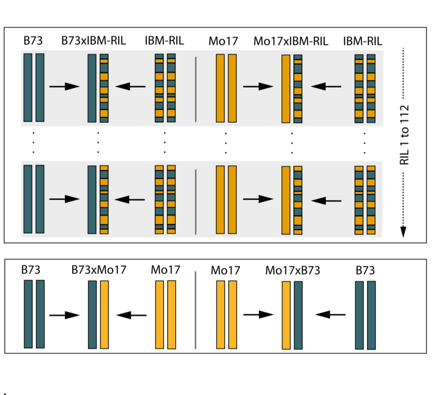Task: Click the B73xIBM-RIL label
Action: (x=94, y=41)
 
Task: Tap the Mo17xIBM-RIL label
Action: (x=291, y=41)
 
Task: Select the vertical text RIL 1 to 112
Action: (x=404, y=135)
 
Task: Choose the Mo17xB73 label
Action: (x=292, y=271)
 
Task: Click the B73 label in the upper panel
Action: (x=33, y=41)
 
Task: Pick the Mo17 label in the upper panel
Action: (x=223, y=41)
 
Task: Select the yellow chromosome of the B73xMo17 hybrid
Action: (x=104, y=315)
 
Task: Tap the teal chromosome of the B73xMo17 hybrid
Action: (x=92, y=315)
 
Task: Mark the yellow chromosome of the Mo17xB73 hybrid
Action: (x=286, y=315)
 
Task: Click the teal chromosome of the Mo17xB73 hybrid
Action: (x=298, y=315)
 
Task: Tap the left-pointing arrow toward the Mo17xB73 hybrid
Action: (x=331, y=315)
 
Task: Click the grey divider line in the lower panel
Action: (x=196, y=310)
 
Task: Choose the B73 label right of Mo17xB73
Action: (x=365, y=271)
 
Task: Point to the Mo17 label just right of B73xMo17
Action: (x=165, y=270)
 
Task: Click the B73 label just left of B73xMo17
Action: (x=31, y=270)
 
